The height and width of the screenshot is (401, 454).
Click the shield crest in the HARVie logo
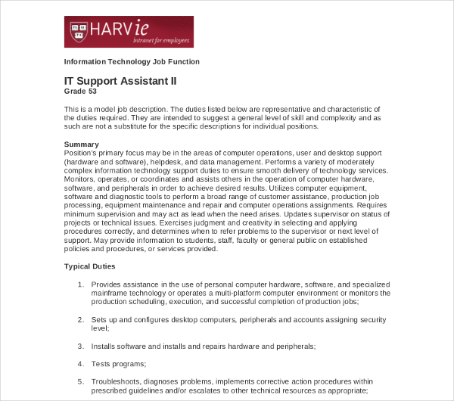[x=76, y=31]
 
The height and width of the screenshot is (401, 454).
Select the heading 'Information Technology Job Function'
[x=132, y=61]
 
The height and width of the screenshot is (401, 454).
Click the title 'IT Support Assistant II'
[x=120, y=80]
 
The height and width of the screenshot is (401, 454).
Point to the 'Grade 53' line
[x=81, y=92]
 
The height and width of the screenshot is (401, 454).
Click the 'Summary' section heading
[x=81, y=144]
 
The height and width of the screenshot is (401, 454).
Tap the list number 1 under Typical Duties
[x=81, y=284]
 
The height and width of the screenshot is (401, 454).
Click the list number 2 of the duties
[x=81, y=319]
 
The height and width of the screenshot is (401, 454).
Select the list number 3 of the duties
[x=81, y=346]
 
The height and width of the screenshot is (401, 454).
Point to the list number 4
[x=81, y=364]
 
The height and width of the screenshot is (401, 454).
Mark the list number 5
[x=81, y=381]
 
